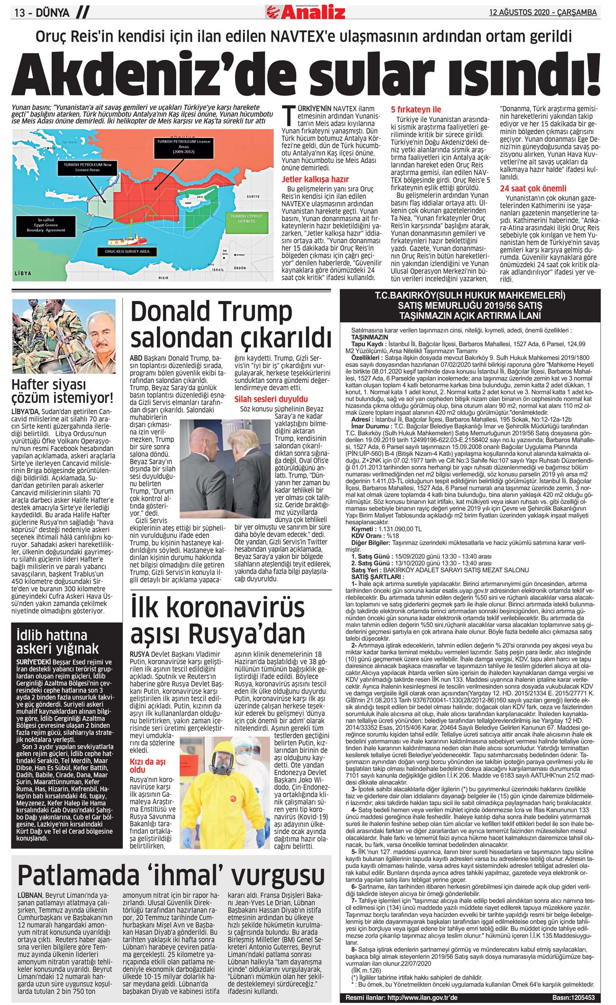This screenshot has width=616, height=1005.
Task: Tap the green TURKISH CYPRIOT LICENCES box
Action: click(x=246, y=218)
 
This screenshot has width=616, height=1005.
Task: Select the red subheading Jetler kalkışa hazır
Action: click(x=315, y=179)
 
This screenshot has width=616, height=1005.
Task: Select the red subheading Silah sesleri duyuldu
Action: click(x=271, y=399)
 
